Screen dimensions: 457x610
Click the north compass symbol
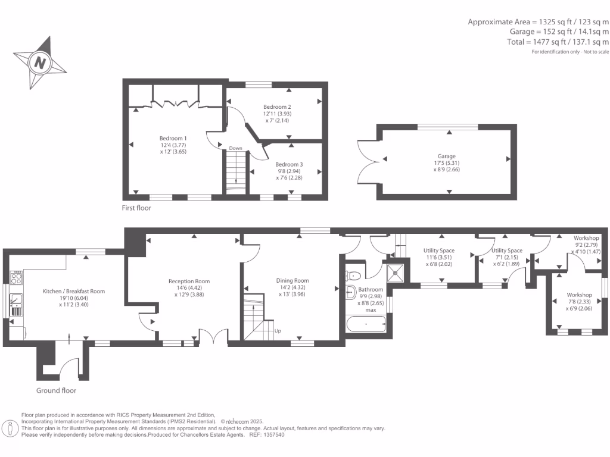(x=40, y=62)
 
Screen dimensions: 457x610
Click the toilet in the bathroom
(x=354, y=275)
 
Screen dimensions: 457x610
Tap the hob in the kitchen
(x=17, y=277)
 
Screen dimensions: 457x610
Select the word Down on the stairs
(x=235, y=148)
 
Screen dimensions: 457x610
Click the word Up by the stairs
(x=277, y=331)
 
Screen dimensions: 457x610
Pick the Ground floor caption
(x=56, y=390)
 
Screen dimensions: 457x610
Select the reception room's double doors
(x=214, y=337)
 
